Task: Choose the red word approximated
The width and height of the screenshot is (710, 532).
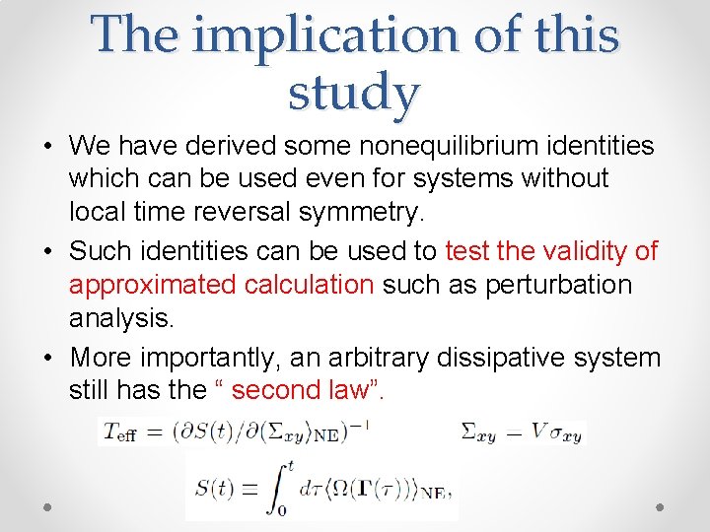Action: click(x=152, y=285)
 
